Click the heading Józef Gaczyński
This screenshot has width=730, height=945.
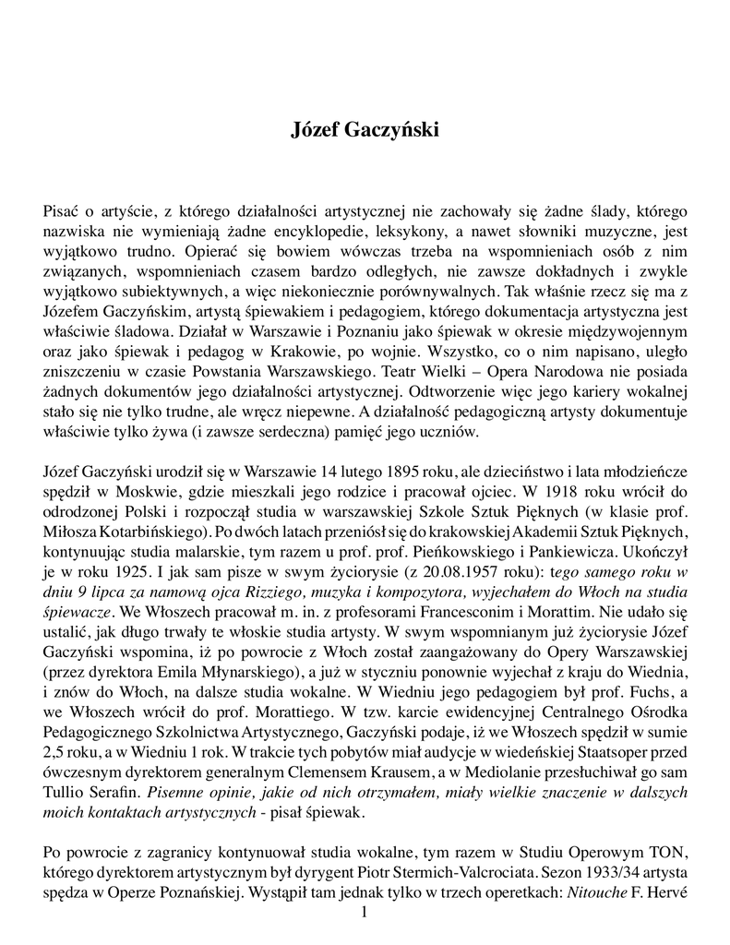pyautogui.click(x=365, y=130)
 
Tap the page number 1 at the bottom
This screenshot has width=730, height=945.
pyautogui.click(x=365, y=913)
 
